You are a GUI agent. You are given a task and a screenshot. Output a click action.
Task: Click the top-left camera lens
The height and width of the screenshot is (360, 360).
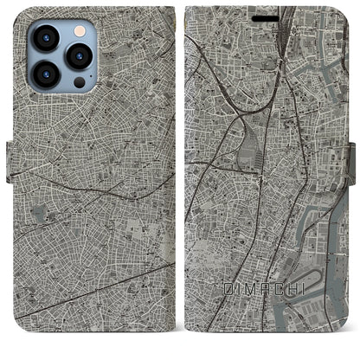point(45,37)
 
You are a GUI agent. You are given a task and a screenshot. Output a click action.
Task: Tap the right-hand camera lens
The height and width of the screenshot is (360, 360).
point(80,57)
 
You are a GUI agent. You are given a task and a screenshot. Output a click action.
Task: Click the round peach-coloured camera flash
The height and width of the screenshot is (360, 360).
point(80,30)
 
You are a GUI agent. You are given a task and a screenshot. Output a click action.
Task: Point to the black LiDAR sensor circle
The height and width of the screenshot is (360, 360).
point(80,83)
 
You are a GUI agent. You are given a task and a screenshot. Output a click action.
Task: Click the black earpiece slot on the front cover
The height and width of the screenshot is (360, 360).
point(266,17)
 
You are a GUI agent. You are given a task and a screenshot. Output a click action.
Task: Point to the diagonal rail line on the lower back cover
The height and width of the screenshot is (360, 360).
point(95,286)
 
